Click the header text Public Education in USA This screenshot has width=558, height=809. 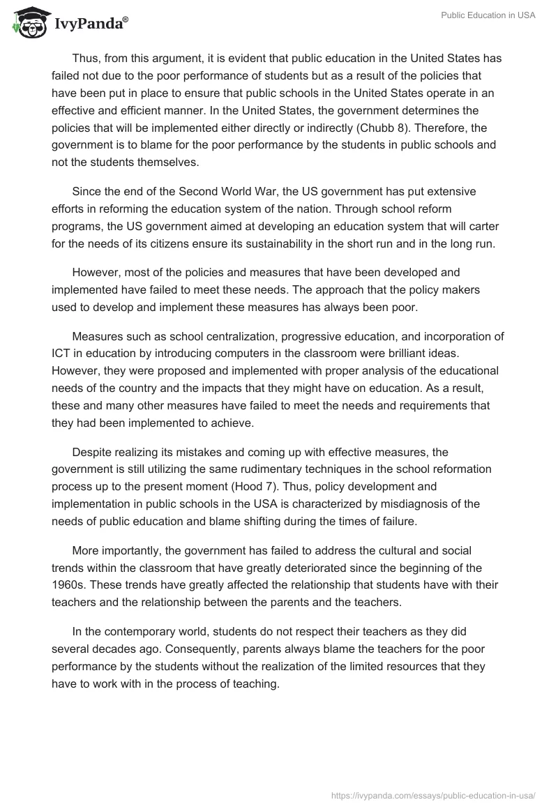click(x=488, y=15)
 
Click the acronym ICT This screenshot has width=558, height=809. click(x=61, y=353)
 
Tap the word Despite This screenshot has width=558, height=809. click(x=91, y=451)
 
